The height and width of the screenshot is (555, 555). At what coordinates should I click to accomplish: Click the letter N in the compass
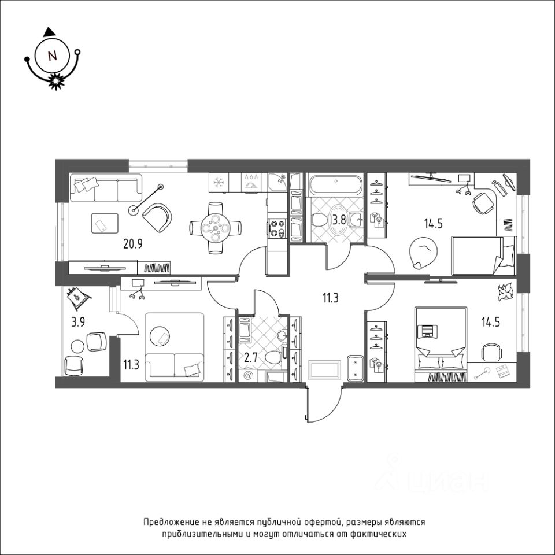(53, 56)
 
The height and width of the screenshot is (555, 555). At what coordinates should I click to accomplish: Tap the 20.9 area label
(133, 243)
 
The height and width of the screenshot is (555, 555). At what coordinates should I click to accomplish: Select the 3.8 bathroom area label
(338, 220)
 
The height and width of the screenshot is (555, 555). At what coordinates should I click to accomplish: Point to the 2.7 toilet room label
(251, 358)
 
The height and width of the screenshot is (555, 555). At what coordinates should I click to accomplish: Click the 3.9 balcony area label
(78, 323)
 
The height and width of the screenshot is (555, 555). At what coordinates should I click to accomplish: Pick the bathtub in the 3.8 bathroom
(335, 184)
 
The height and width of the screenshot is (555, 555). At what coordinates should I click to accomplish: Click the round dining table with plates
(216, 228)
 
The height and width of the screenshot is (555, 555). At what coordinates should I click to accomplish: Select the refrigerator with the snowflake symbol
(219, 182)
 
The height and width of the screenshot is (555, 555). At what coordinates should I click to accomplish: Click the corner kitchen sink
(276, 182)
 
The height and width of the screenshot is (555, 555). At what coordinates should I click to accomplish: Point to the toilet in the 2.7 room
(274, 357)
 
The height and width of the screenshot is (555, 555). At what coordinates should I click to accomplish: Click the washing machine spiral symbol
(248, 375)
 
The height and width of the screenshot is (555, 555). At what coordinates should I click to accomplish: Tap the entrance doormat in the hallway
(324, 370)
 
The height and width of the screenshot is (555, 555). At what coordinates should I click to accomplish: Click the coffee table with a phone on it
(105, 223)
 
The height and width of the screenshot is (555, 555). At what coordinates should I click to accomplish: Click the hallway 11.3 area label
(330, 298)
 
